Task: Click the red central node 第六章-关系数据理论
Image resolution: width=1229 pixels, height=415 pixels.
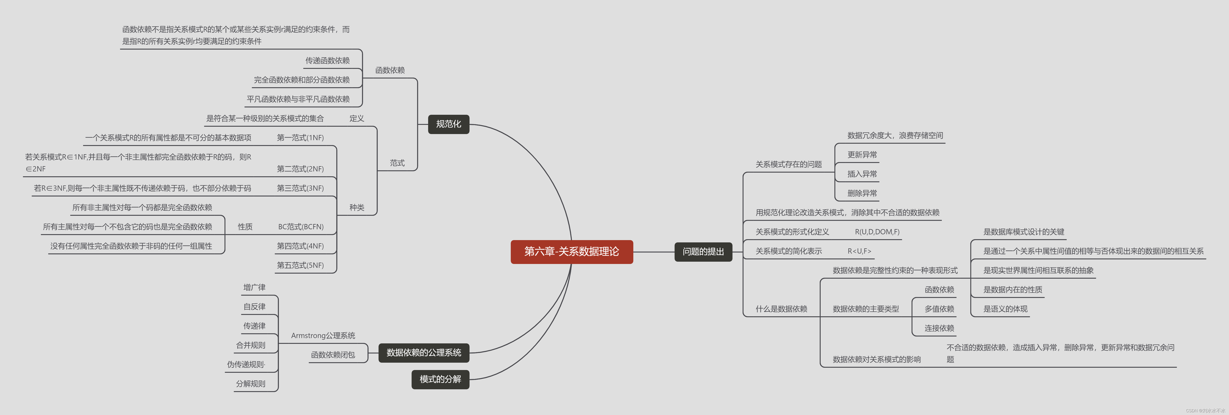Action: (x=572, y=251)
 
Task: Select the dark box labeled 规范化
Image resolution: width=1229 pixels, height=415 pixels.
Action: (x=449, y=124)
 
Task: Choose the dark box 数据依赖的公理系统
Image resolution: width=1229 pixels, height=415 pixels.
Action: (x=424, y=353)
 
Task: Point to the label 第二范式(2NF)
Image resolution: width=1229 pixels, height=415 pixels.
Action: (x=300, y=169)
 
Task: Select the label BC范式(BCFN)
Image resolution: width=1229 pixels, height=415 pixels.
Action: (x=300, y=227)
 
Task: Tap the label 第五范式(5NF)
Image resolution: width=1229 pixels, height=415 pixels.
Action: (x=300, y=265)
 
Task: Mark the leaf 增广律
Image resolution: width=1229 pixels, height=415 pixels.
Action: (x=254, y=287)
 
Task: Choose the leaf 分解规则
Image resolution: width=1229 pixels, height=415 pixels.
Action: (x=250, y=384)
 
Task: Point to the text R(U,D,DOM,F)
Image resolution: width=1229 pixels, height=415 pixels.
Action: (x=877, y=232)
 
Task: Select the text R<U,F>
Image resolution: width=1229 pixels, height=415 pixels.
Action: (x=859, y=251)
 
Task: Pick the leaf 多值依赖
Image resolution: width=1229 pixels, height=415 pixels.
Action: (x=939, y=309)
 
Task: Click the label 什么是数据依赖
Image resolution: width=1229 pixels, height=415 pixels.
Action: (x=781, y=309)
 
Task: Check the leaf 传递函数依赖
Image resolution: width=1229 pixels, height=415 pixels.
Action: (x=327, y=61)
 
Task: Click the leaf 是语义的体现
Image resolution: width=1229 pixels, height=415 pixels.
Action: (x=1005, y=309)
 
